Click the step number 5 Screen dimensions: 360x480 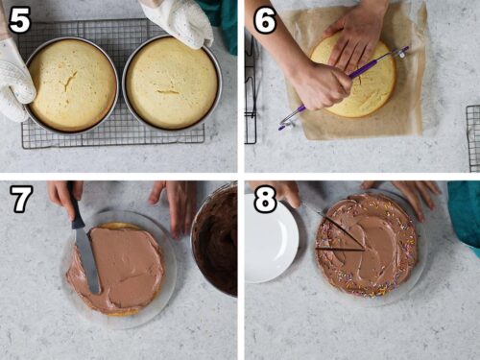[x=19, y=18]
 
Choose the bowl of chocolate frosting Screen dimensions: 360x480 [x=215, y=240]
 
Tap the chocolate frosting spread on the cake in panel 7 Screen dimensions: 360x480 [x=120, y=264]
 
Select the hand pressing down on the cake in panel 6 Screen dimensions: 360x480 [x=358, y=34]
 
